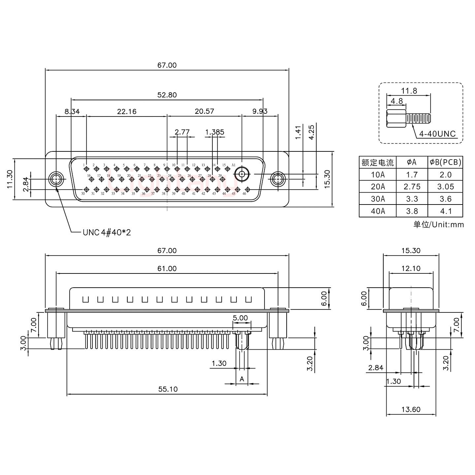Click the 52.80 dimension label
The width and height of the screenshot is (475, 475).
(167, 95)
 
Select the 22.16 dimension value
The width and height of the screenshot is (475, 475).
(127, 111)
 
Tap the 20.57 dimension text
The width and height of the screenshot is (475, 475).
(204, 111)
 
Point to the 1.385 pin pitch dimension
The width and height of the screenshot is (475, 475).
(214, 132)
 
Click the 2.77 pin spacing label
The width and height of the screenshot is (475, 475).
(182, 132)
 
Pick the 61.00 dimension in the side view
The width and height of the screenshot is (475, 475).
(167, 269)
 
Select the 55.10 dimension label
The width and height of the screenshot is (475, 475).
(168, 389)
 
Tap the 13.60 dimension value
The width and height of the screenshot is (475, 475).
(411, 409)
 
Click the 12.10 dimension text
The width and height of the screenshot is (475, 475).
(411, 269)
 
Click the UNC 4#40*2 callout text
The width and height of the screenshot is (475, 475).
(107, 233)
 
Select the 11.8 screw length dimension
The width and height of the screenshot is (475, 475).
(409, 91)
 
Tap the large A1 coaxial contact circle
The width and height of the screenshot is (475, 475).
(242, 174)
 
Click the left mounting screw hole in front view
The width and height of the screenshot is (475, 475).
(56, 180)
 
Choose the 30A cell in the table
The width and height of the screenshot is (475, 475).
(378, 199)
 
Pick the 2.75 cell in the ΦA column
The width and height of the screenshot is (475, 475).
(412, 187)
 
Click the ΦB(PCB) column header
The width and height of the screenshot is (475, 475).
(445, 162)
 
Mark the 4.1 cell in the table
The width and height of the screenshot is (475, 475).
(445, 211)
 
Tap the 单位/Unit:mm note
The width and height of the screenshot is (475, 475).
(438, 225)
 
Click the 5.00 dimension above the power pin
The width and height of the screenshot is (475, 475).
(240, 318)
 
